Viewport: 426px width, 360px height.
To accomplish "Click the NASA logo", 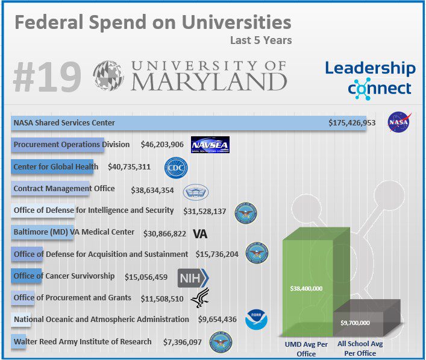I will coord(398,122).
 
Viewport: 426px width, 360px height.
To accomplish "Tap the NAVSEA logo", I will coord(210,145).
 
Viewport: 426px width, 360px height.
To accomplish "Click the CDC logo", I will coord(176,167).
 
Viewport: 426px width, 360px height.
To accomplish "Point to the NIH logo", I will coord(193,278).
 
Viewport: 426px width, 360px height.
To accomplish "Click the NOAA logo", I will coord(256,320).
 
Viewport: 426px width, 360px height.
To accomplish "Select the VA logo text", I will coord(200,233).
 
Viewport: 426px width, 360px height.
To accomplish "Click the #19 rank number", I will coord(47,77).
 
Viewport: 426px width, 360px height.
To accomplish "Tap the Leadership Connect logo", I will coord(370,78).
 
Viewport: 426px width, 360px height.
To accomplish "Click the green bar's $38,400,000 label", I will coord(306,289).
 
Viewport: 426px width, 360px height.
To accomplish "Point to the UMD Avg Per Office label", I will coord(307,349).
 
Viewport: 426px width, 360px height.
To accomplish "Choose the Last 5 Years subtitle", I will coord(260,41).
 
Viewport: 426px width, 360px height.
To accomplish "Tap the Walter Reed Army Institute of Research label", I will coord(83,342).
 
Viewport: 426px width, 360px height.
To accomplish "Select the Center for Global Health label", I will coord(57,166).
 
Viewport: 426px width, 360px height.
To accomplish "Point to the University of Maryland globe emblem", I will coord(108,75).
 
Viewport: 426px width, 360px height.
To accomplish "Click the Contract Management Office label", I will coord(64,189).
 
